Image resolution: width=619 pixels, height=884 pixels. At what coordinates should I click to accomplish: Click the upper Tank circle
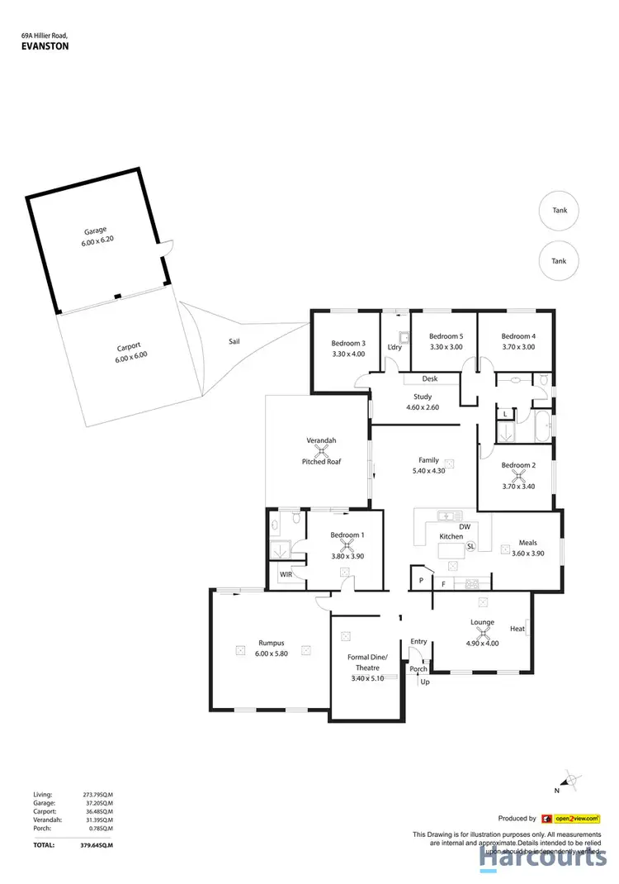pos(559,210)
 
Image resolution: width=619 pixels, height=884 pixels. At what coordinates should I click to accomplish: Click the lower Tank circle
pos(559,260)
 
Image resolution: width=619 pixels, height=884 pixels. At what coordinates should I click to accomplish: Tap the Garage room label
pos(96,231)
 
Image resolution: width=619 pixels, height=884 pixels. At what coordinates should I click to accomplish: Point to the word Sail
pos(234,340)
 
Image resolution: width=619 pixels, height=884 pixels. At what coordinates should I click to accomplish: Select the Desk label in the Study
pos(428,379)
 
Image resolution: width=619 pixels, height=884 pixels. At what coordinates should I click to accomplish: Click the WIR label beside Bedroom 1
pos(286,573)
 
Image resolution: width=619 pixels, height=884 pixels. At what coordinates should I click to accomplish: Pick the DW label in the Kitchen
pos(464,525)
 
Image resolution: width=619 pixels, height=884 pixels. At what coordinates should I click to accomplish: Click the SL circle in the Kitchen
pos(470,547)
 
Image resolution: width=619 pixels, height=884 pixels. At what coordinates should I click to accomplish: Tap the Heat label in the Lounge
pos(517,629)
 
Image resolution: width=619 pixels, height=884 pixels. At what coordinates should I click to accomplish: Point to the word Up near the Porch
pos(425,682)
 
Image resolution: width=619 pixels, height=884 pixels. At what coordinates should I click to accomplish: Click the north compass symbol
pos(568,780)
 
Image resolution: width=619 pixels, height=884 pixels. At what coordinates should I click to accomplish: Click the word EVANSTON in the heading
pos(45,48)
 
